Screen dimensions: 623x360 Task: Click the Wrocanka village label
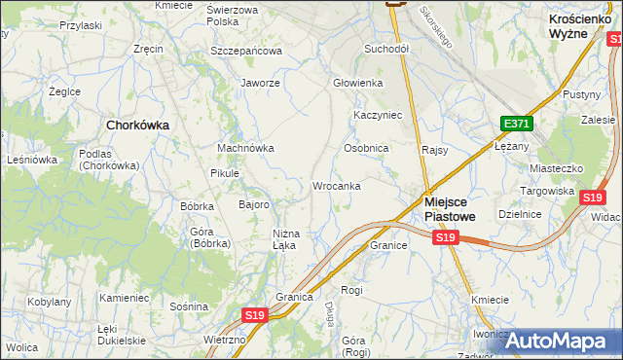337,185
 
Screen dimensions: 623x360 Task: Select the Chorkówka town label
137,125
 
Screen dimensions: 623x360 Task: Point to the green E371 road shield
516,125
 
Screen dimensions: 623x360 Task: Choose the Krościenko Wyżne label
581,25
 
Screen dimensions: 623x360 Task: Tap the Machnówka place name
244,148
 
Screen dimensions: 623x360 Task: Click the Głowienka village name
358,84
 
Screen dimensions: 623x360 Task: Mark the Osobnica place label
366,148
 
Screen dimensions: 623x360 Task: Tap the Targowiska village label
546,191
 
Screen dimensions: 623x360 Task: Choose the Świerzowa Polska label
237,15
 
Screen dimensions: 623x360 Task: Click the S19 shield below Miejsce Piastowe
446,237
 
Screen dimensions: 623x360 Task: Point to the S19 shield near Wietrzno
254,315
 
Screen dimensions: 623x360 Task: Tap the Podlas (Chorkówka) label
110,160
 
